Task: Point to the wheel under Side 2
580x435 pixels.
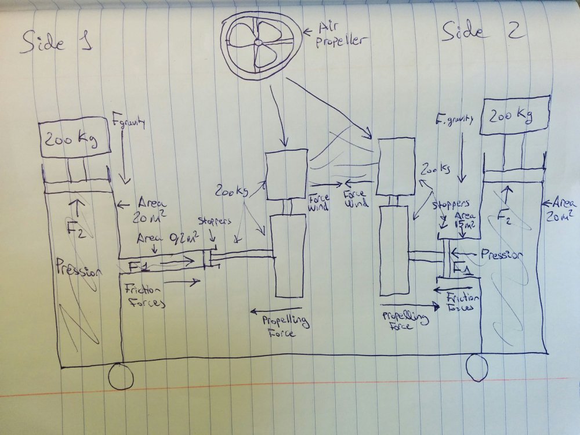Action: coord(479,368)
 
